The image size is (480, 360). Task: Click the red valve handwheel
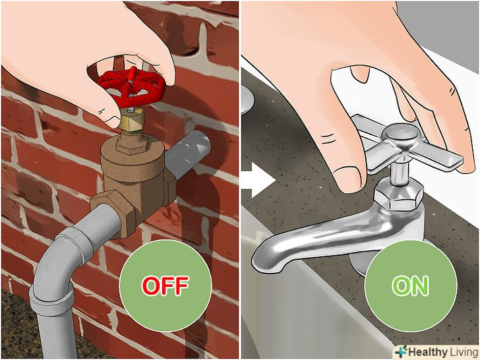[132, 86]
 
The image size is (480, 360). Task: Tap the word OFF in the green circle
[165, 285]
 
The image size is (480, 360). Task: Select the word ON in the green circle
[410, 285]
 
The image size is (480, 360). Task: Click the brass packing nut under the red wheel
[132, 120]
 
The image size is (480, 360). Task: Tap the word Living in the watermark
[464, 352]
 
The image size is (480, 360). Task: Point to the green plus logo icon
[401, 351]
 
